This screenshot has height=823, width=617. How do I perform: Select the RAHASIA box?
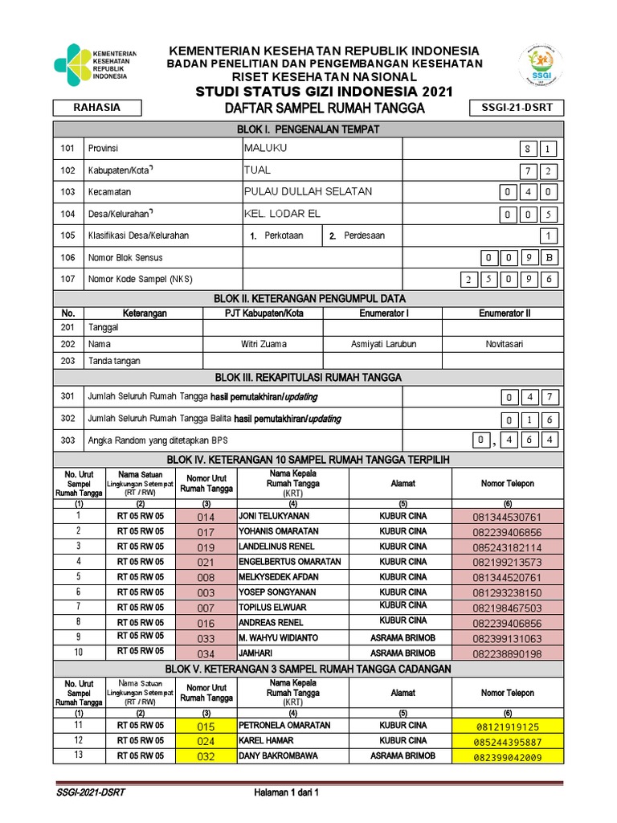click(x=97, y=108)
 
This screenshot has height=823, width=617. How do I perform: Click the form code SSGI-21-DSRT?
click(x=516, y=109)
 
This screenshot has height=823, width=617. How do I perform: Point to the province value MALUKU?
click(x=266, y=148)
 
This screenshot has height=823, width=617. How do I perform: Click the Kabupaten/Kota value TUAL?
click(x=257, y=170)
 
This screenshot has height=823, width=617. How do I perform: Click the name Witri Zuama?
click(x=264, y=344)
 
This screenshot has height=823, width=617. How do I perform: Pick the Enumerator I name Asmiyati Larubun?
click(x=383, y=344)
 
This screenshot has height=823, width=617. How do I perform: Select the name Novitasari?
click(x=504, y=344)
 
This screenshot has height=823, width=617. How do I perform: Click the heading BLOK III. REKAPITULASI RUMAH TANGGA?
click(x=308, y=377)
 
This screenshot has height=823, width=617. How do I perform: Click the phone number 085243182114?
click(x=507, y=547)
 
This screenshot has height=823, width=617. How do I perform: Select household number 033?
click(x=206, y=638)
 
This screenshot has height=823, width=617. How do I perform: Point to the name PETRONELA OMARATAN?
click(x=284, y=725)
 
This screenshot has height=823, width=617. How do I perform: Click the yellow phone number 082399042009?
click(x=508, y=756)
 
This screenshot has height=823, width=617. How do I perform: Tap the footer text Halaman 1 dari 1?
click(x=287, y=792)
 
